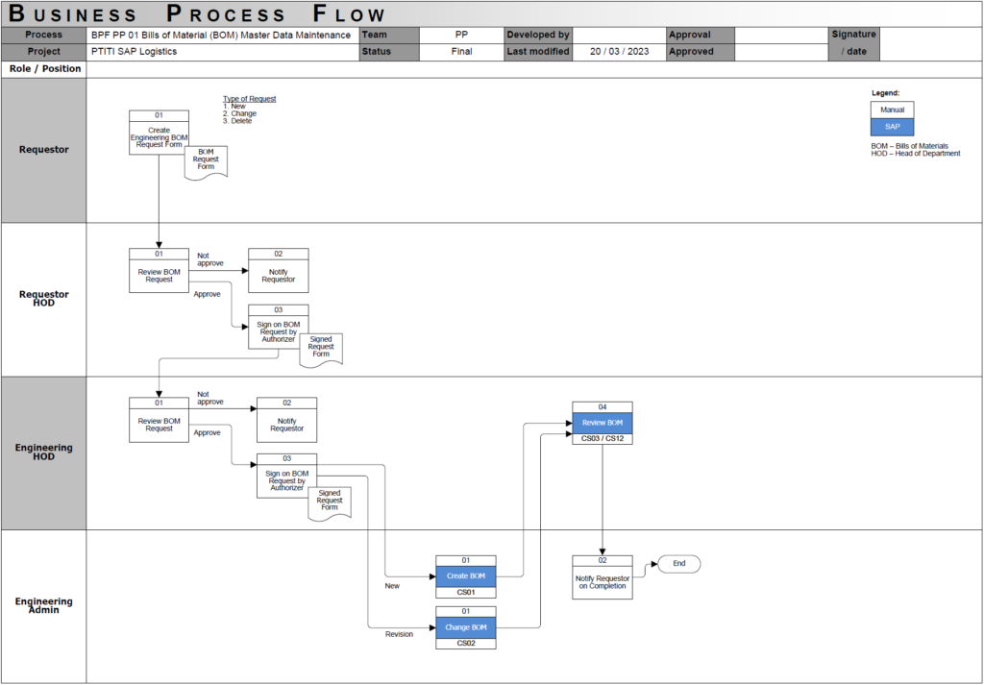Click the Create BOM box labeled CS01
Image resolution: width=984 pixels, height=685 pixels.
point(466,576)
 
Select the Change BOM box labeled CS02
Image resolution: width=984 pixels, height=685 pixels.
point(466,627)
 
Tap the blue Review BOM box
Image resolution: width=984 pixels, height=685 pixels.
point(603,423)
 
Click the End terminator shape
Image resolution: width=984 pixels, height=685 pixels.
point(678,563)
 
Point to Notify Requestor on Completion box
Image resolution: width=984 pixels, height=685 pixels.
point(603,581)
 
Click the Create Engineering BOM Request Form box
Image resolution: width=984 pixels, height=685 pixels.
point(159,135)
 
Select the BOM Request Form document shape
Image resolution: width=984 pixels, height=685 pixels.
point(207,160)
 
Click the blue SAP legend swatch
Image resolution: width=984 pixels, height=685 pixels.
point(892,126)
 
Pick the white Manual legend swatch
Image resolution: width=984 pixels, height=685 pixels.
point(892,110)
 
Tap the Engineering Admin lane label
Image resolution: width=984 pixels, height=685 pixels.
point(44,606)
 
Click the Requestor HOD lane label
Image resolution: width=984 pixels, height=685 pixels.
point(44,299)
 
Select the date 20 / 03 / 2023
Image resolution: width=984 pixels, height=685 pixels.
point(620,52)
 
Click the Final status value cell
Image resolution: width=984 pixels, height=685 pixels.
point(461,52)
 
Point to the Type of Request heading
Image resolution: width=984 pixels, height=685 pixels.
point(250,99)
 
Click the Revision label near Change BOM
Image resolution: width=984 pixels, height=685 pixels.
point(399,634)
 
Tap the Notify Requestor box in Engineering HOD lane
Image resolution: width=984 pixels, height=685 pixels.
point(286,424)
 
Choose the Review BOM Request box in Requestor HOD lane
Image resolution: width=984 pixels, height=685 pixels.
point(159,276)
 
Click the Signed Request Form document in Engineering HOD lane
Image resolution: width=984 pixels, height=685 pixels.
point(330,502)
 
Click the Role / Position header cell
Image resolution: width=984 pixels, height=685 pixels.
point(44,69)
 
